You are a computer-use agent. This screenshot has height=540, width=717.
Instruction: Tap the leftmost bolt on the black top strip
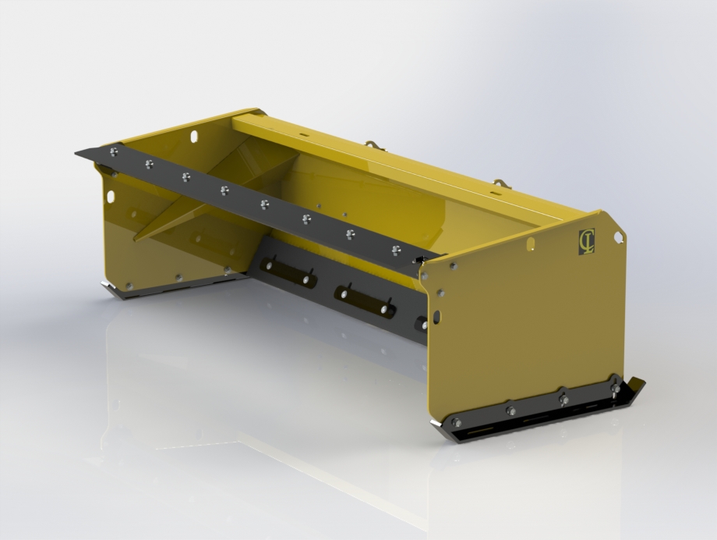coord(115,152)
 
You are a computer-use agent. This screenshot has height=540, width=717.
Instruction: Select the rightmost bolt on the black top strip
coord(396,250)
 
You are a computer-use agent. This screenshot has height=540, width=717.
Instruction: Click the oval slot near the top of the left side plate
coord(194,137)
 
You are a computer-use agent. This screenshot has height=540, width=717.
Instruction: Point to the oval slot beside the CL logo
coord(531,244)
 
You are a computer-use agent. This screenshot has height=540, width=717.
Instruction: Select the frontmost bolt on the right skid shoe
coord(456,423)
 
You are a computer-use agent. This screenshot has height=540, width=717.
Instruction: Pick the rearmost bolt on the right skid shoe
coord(614,388)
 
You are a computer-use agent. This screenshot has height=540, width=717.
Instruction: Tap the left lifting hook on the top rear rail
coord(371,144)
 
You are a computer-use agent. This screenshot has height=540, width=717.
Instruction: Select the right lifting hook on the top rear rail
coord(499,184)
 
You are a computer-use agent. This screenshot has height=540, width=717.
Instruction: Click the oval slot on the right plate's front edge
coord(436,316)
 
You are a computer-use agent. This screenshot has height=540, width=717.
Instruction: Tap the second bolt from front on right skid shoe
coord(510,410)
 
